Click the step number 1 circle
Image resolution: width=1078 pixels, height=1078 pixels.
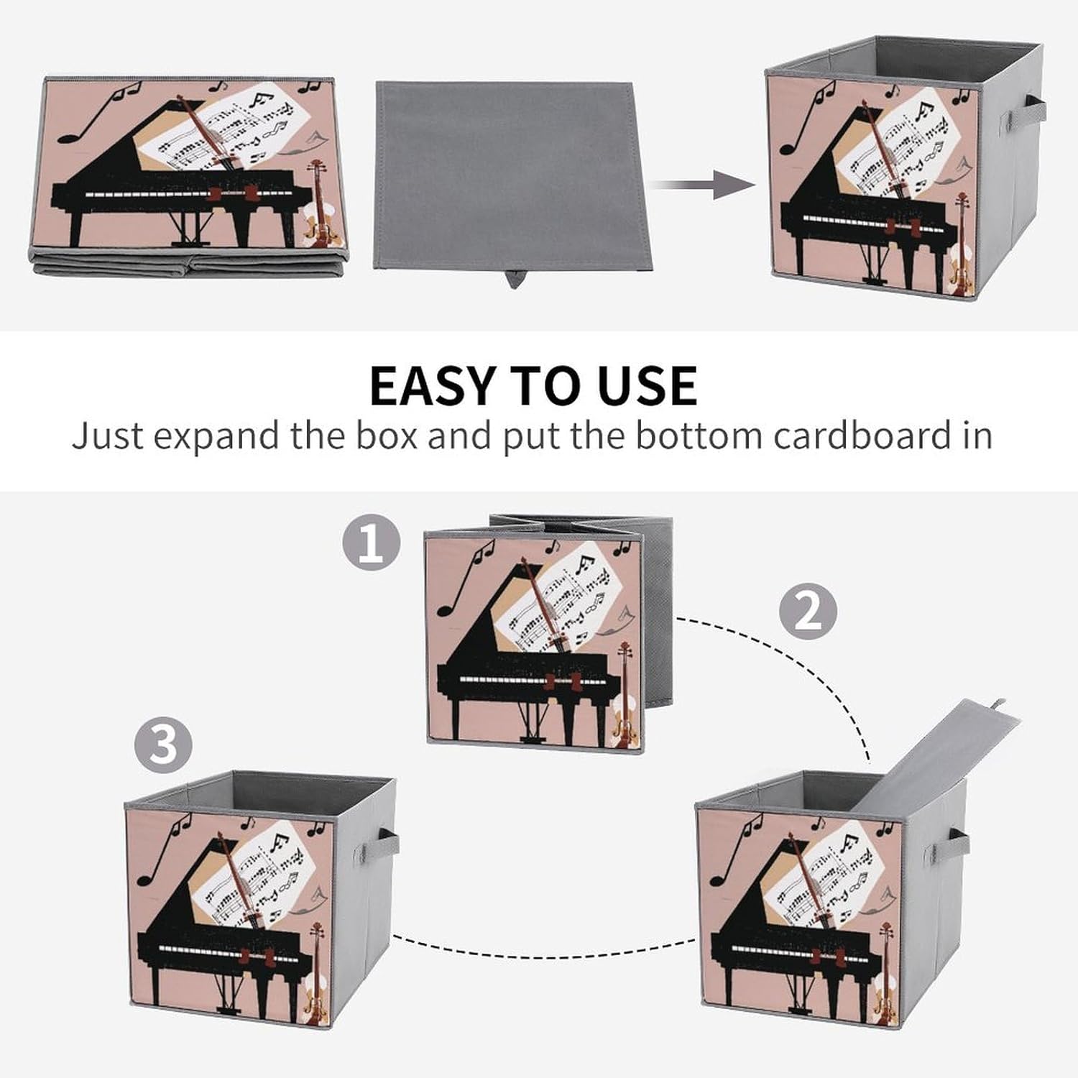point(371,544)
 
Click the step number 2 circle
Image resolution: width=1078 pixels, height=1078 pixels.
point(808,612)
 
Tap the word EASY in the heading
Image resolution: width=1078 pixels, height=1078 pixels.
point(432,386)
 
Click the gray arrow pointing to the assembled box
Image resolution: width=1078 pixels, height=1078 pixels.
point(704,185)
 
